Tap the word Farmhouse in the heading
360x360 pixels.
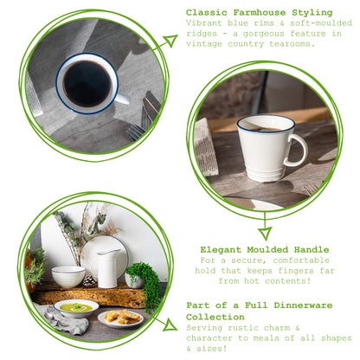pyautogui.click(x=263, y=12)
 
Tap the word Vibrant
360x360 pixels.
pyautogui.click(x=208, y=23)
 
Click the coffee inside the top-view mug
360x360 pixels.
pyautogui.click(x=87, y=83)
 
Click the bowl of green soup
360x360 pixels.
pyautogui.click(x=76, y=307)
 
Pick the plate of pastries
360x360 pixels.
pyautogui.click(x=121, y=318)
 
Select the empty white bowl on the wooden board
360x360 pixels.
pyautogui.click(x=68, y=276)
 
